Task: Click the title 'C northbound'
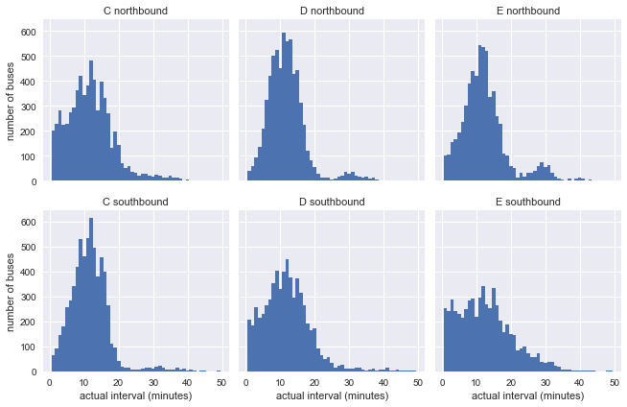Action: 135,12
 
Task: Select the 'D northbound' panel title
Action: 331,12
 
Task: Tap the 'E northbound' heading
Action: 527,12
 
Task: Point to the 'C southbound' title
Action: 135,202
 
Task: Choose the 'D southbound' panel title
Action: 331,202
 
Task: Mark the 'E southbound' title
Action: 527,202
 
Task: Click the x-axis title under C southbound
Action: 135,396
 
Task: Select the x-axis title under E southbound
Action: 527,396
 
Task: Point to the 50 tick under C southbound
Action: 221,381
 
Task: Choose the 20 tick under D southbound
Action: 315,381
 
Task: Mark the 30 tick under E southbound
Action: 546,381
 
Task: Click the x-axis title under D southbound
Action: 331,396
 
